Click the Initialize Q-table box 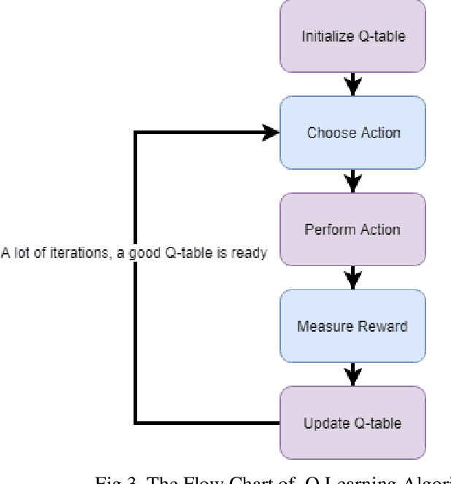coord(353,36)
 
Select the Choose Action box coord(353,133)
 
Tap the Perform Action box coord(353,229)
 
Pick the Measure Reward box coord(353,326)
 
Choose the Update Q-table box coord(353,423)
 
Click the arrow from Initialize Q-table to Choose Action coord(353,85)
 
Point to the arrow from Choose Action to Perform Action coord(353,181)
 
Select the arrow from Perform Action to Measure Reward coord(353,278)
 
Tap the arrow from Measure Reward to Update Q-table coord(353,375)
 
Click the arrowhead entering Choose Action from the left coord(271,133)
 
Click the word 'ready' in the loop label coord(250,254)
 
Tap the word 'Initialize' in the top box coord(325,36)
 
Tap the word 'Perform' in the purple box coord(325,229)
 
